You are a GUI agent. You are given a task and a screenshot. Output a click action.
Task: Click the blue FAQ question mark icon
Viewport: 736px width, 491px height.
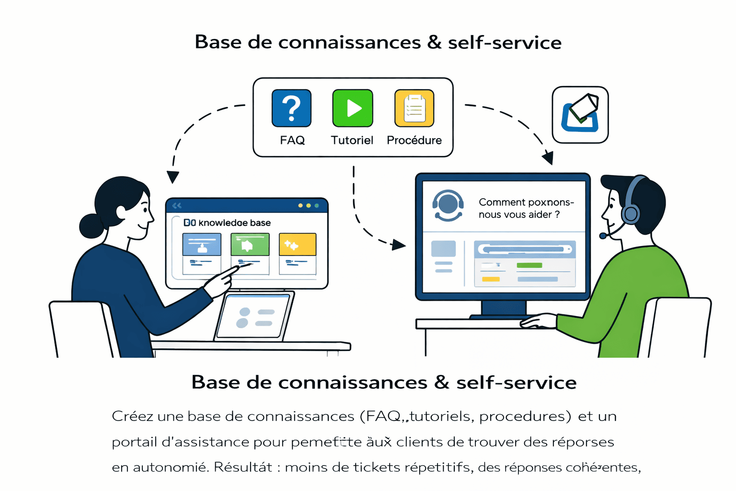click(x=291, y=108)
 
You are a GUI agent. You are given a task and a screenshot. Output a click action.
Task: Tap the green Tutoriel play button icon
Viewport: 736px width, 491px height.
click(x=353, y=108)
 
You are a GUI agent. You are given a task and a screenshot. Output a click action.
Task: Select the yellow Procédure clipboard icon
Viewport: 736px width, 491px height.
click(x=414, y=108)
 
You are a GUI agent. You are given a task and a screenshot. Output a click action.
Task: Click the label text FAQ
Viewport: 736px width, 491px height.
click(x=292, y=140)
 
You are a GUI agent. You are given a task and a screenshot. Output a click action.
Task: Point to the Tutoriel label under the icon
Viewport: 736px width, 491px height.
click(x=352, y=140)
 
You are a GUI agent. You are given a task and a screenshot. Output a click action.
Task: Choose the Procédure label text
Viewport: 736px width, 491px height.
click(x=414, y=140)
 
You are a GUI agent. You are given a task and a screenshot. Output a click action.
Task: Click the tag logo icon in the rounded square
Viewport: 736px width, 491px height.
click(x=580, y=115)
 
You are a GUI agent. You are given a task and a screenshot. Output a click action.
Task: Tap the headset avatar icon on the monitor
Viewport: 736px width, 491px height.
click(x=448, y=205)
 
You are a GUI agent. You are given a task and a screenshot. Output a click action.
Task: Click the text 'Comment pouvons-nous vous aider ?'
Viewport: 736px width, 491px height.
click(x=526, y=208)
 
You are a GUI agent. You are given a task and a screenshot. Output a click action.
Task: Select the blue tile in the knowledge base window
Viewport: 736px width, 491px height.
click(x=202, y=245)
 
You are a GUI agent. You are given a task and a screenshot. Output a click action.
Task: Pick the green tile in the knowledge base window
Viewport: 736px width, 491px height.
click(x=250, y=245)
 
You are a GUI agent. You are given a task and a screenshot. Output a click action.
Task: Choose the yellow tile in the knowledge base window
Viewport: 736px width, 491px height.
click(x=297, y=245)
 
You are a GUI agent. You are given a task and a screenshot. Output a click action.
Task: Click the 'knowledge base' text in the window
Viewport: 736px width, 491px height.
click(x=234, y=222)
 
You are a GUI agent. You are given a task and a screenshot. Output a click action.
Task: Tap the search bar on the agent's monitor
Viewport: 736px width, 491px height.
click(x=525, y=249)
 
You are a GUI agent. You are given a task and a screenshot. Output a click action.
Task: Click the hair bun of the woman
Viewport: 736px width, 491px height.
click(x=91, y=226)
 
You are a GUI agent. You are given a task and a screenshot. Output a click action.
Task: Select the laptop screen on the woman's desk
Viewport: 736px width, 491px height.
click(x=253, y=316)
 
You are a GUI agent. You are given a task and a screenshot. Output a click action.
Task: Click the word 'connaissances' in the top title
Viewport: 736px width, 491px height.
click(x=349, y=42)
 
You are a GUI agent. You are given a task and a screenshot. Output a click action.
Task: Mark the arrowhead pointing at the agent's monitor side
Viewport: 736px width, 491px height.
click(x=399, y=245)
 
